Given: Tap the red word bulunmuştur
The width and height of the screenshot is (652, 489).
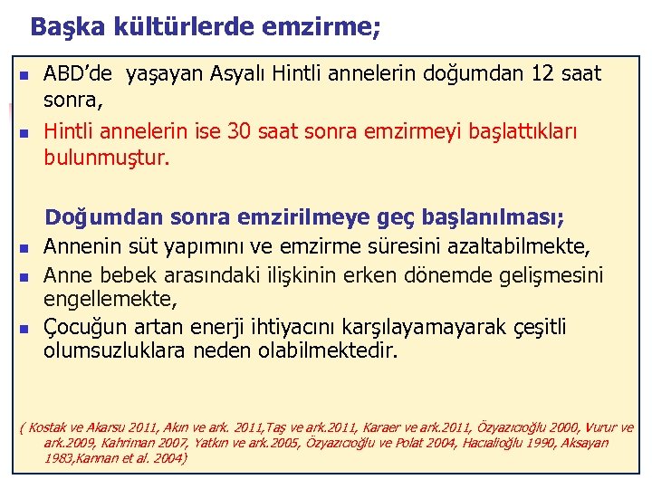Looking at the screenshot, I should pyautogui.click(x=107, y=158).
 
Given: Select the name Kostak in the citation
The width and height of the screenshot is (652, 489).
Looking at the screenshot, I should pyautogui.click(x=51, y=427).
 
